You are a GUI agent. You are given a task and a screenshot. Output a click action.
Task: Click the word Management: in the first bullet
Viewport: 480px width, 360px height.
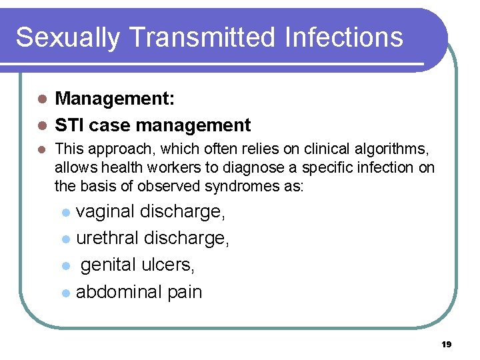pos(115,99)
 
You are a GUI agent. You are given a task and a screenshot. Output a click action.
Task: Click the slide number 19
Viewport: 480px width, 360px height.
pos(446,345)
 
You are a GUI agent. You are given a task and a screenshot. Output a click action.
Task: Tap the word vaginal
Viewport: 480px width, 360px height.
pos(106,212)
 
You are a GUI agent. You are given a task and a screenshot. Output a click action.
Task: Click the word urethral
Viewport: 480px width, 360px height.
pos(107,238)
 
